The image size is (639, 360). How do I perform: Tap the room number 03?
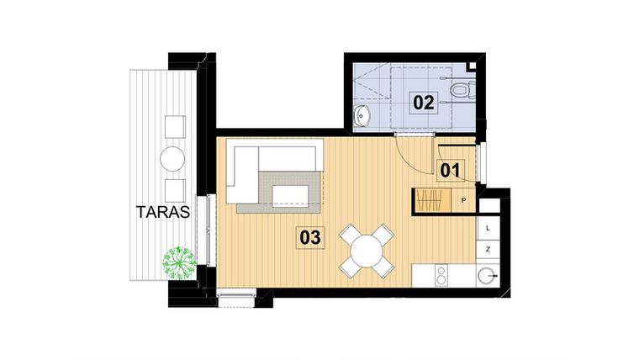(310, 238)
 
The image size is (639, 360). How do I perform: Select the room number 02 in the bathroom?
(423, 103)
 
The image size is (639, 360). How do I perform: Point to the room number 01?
(451, 170)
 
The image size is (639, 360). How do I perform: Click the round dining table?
(367, 250)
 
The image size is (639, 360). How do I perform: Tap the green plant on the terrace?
(178, 262)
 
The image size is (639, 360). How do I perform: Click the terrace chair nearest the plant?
(174, 190)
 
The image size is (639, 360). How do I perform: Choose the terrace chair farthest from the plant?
(175, 126)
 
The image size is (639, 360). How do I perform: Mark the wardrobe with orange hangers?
(430, 202)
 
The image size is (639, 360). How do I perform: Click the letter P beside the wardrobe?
(464, 200)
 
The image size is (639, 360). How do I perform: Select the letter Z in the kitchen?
(488, 250)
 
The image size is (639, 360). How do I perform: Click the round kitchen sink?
(487, 275)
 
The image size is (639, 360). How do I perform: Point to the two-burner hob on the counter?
(439, 275)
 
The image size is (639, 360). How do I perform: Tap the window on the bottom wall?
(236, 293)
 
